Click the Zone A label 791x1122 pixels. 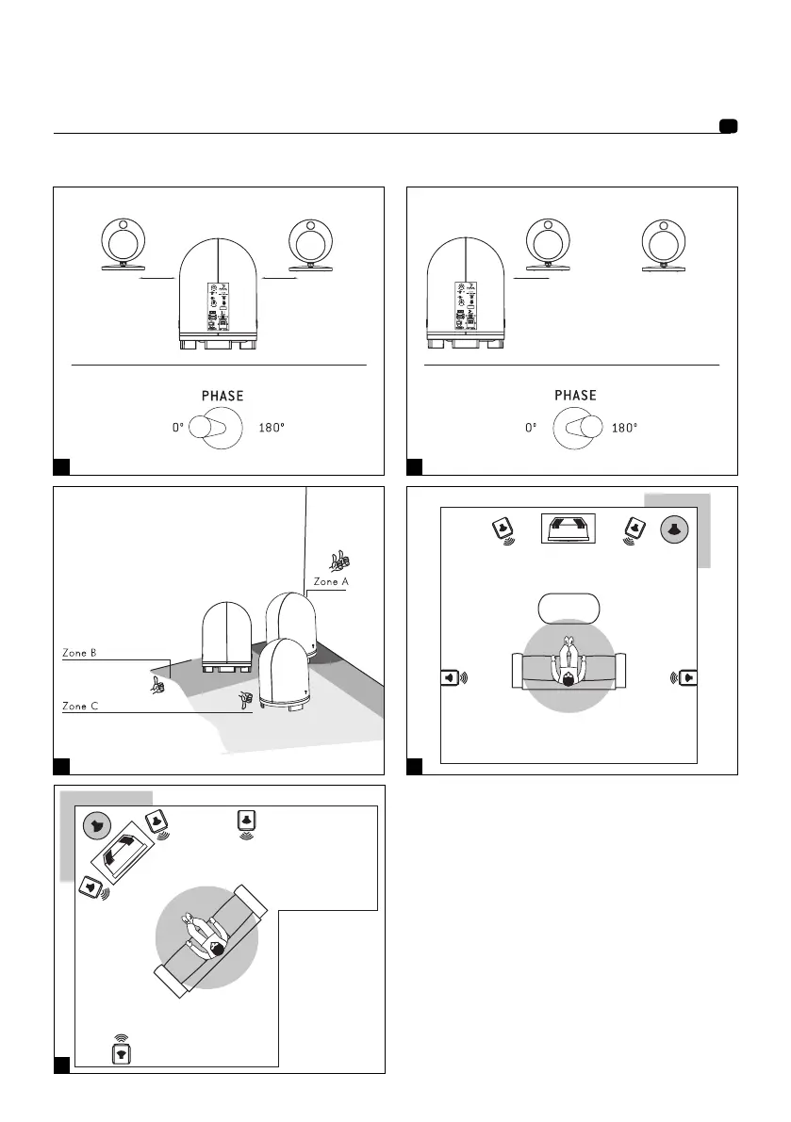point(330,582)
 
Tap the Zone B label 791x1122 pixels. point(79,653)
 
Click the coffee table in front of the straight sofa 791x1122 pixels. point(569,609)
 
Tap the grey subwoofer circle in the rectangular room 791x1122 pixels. point(675,530)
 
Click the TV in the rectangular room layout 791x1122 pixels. point(569,528)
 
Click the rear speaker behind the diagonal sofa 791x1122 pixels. point(121,1052)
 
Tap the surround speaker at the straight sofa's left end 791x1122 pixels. point(452,676)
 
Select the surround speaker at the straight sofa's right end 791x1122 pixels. point(688,676)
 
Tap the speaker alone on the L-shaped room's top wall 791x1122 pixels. point(247,820)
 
